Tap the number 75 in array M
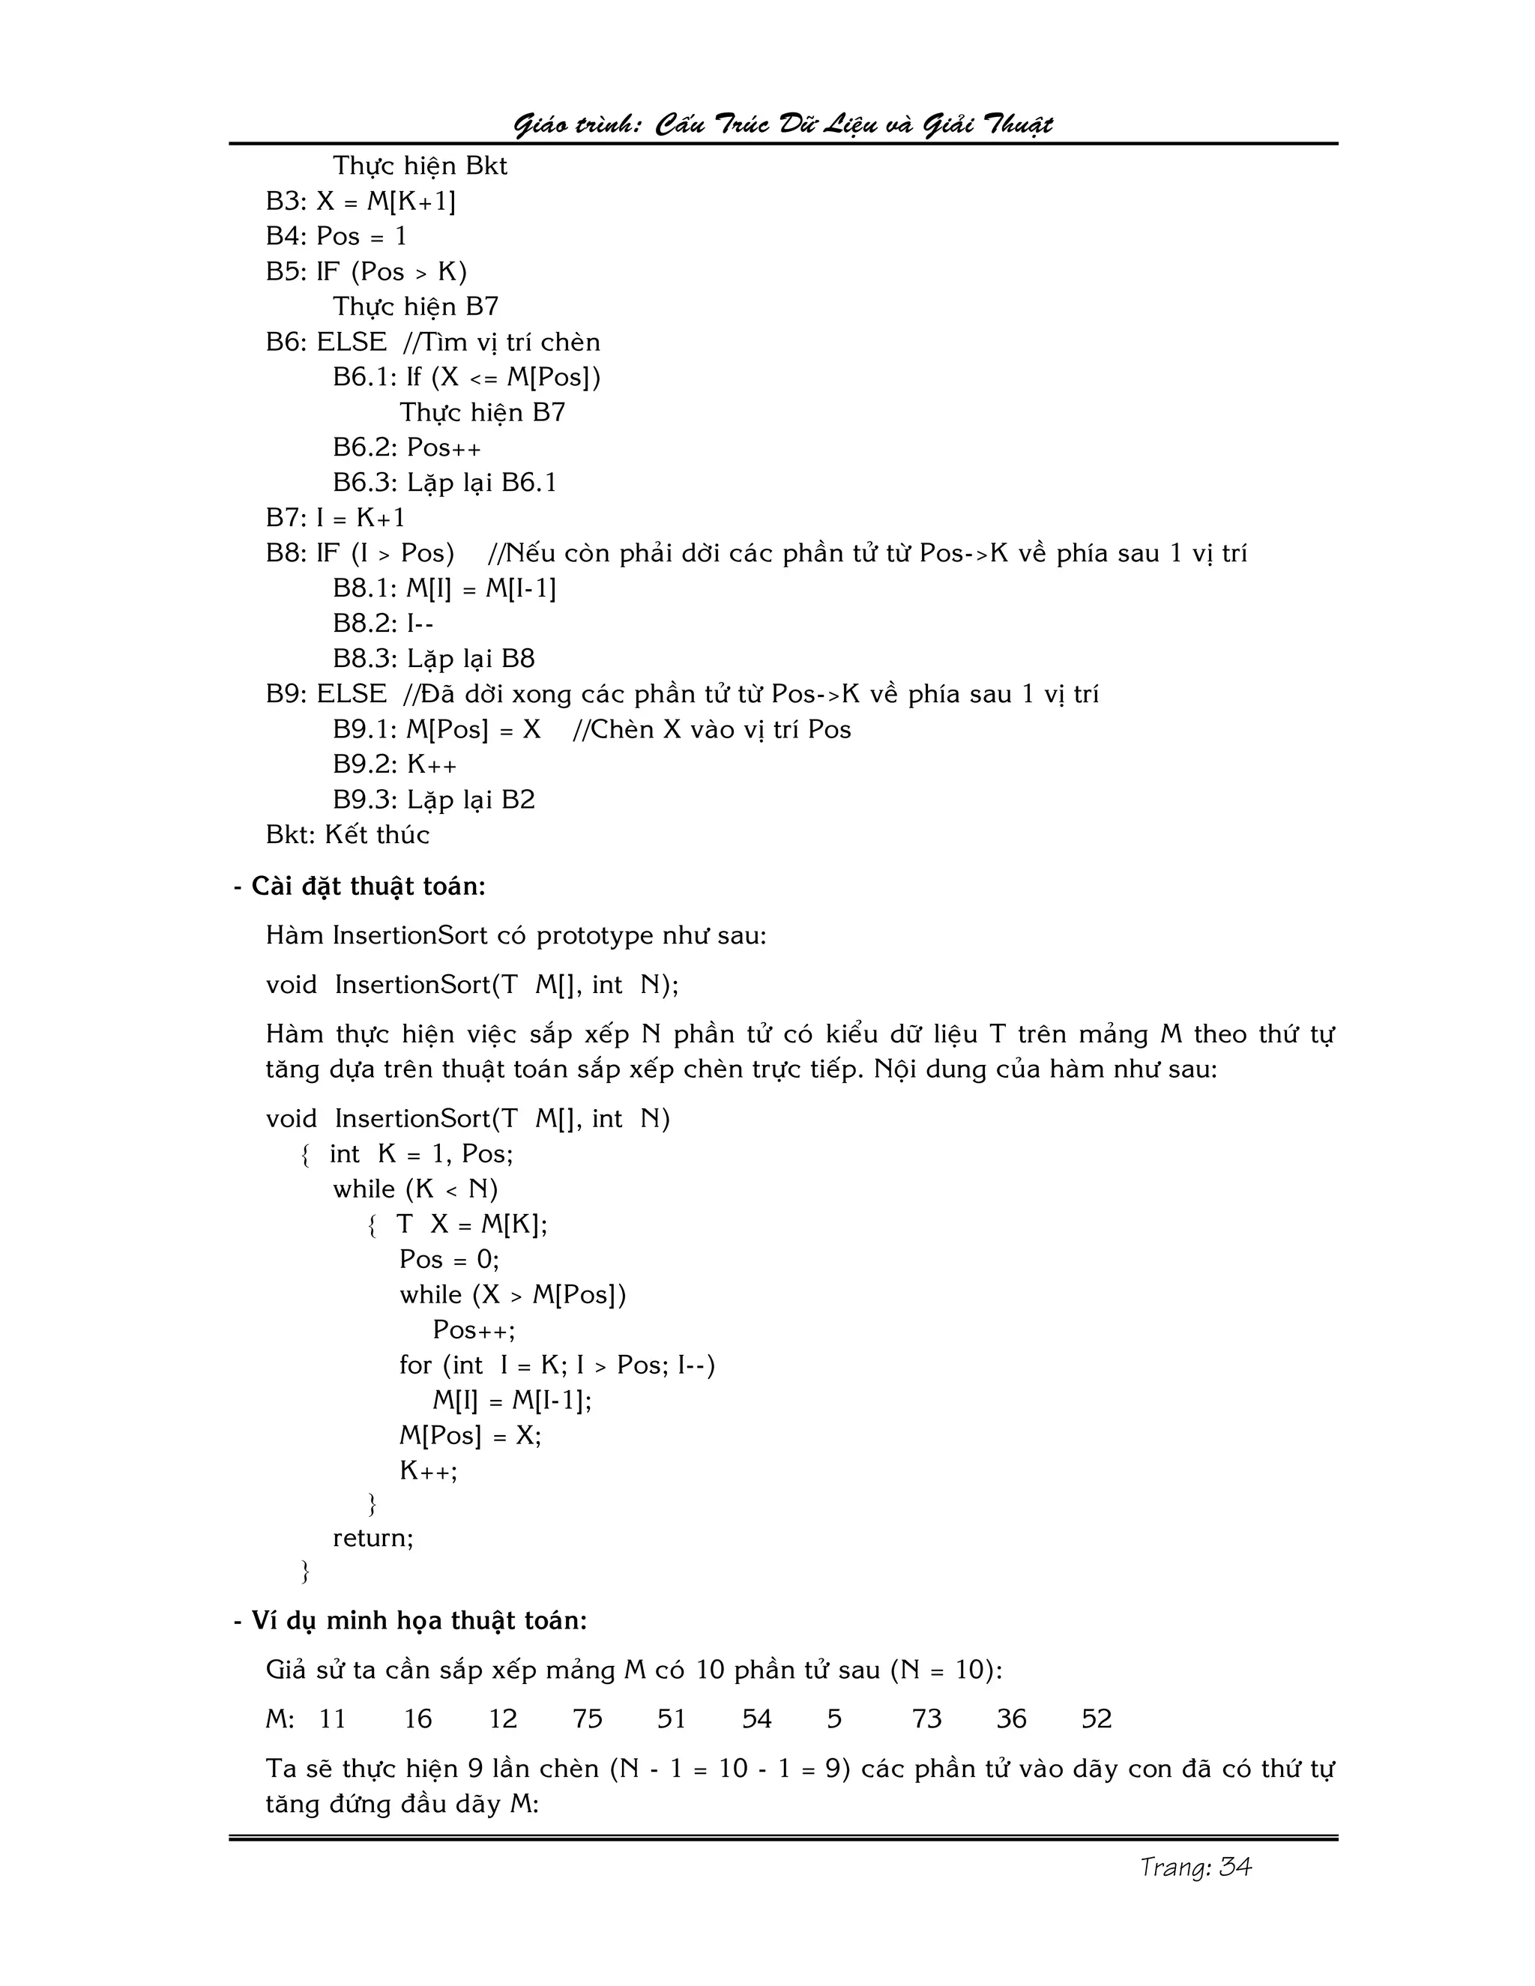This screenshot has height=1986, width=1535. [588, 1718]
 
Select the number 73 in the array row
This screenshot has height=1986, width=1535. [926, 1718]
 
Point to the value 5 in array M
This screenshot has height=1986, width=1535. [834, 1718]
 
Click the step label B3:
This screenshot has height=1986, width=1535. [286, 201]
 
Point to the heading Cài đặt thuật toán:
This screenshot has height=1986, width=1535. [367, 887]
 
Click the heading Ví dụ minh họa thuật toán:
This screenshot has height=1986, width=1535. [418, 1620]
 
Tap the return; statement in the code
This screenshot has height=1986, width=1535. [373, 1538]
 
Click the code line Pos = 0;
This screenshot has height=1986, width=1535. [449, 1260]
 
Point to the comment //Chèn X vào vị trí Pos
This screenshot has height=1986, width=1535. [711, 729]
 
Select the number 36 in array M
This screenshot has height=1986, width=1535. [1011, 1718]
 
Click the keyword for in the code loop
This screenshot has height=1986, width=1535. [414, 1365]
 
